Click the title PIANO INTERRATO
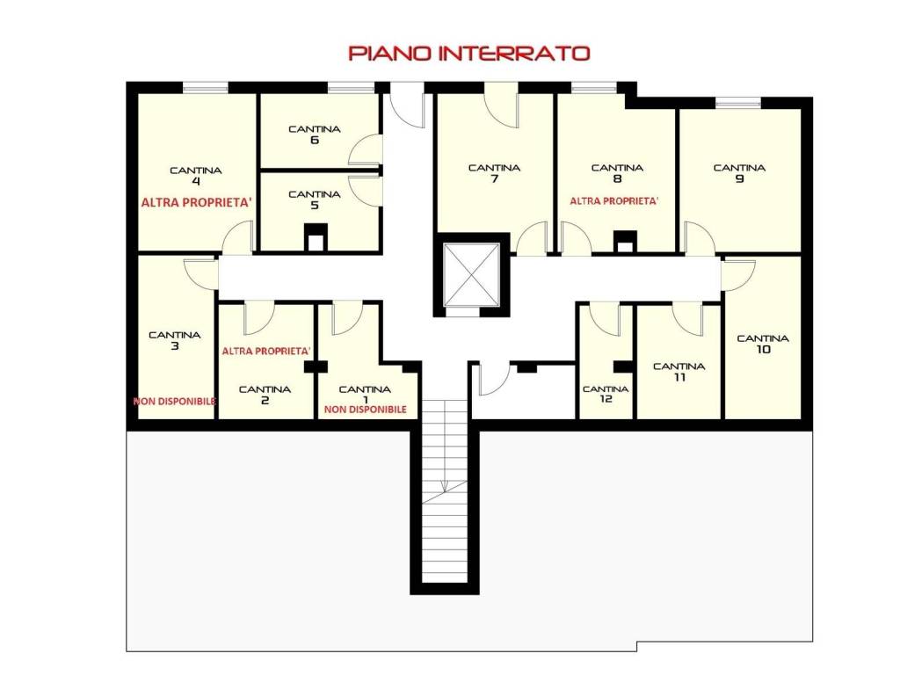pyautogui.click(x=469, y=54)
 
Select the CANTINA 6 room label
pyautogui.click(x=314, y=134)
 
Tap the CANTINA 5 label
pyautogui.click(x=314, y=200)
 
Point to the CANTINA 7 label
pyautogui.click(x=494, y=173)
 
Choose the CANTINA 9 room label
pyautogui.click(x=739, y=173)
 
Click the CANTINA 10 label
pyautogui.click(x=763, y=344)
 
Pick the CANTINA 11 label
pyautogui.click(x=679, y=372)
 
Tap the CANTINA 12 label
pyautogui.click(x=606, y=394)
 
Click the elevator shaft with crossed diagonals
pyautogui.click(x=472, y=275)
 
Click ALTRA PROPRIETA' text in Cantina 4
pyautogui.click(x=197, y=203)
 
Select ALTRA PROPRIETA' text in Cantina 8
pyautogui.click(x=614, y=201)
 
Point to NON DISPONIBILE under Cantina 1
pyautogui.click(x=366, y=410)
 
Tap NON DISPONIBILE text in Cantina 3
pyautogui.click(x=175, y=401)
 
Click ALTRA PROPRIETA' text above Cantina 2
pyautogui.click(x=266, y=351)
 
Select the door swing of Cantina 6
pyautogui.click(x=365, y=150)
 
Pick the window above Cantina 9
pyautogui.click(x=738, y=103)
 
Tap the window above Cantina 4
pyautogui.click(x=205, y=87)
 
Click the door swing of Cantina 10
pyautogui.click(x=738, y=275)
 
